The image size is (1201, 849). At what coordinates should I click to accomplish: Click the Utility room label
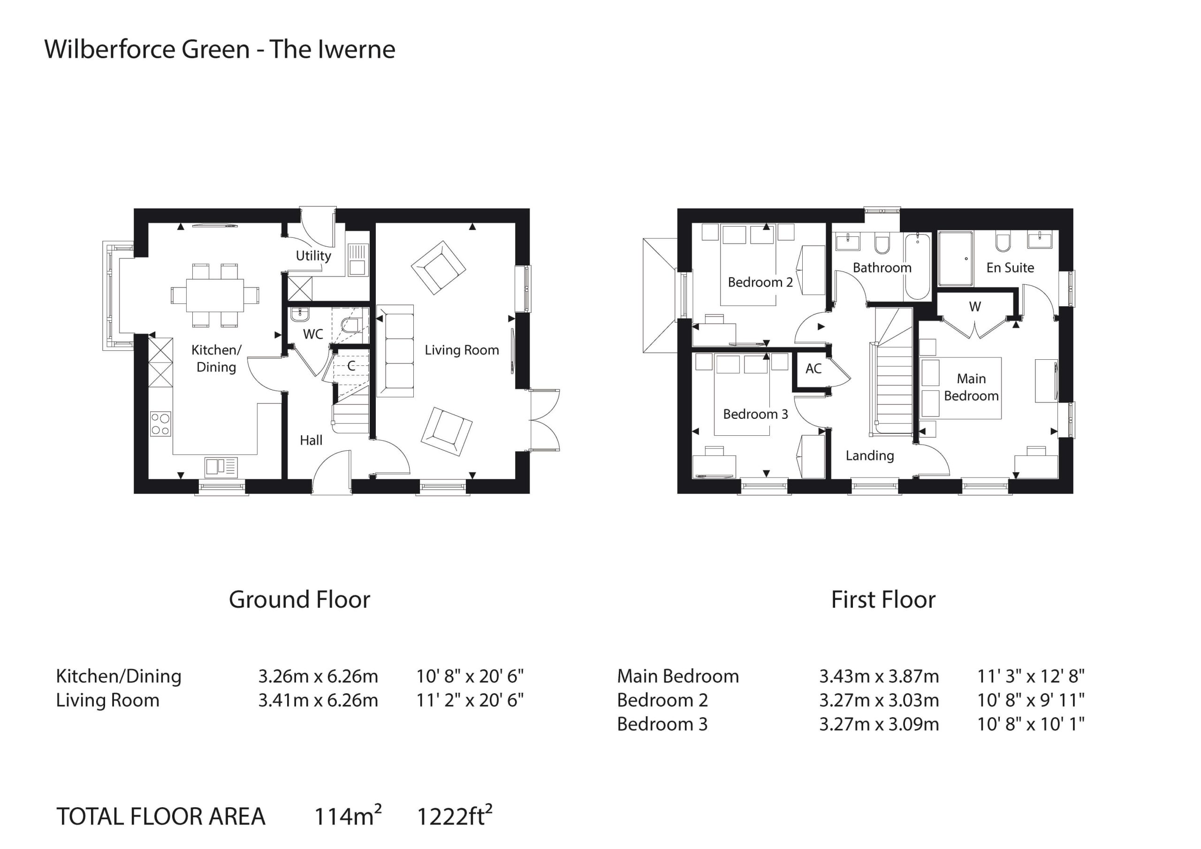pos(313,256)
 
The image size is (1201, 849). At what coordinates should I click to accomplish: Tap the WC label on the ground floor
pos(313,334)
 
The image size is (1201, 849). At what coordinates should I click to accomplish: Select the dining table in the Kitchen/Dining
pos(214,295)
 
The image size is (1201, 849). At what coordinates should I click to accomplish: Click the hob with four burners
pos(160,424)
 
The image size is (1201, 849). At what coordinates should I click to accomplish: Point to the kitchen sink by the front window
pos(221,467)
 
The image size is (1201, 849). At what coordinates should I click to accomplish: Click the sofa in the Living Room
pos(395,351)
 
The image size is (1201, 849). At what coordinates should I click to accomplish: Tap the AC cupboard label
pos(813,369)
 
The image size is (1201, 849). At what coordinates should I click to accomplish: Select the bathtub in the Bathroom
pos(918,266)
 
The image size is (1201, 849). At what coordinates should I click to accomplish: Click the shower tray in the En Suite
pos(956,259)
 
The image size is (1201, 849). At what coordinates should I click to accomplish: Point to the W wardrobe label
pos(975,307)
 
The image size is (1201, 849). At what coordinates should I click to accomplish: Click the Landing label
pos(870,455)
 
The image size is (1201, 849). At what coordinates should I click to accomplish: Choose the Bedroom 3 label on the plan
pos(755,414)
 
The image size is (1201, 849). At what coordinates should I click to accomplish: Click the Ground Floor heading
pos(299,599)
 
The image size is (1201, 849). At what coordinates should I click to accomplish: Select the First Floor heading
pos(883,599)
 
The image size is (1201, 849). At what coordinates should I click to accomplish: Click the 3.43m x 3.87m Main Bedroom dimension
pos(879,676)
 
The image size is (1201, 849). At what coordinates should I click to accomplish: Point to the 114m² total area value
pos(348,815)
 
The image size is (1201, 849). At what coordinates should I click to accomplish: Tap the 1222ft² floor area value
pos(455,815)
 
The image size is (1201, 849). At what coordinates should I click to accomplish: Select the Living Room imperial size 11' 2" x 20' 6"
pos(470,700)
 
